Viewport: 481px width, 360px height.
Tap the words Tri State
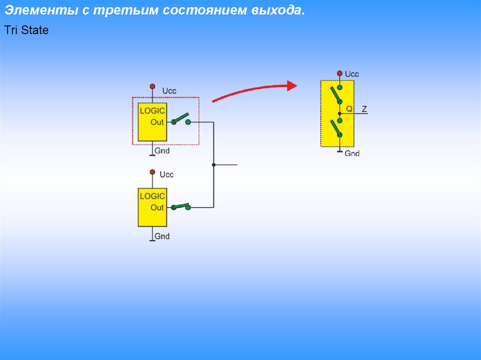click(x=26, y=31)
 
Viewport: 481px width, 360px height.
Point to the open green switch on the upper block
click(x=180, y=119)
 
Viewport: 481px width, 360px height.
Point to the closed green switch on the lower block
click(x=181, y=206)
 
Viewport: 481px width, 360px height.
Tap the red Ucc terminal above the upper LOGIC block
click(x=152, y=86)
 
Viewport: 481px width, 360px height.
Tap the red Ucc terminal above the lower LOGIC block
click(x=152, y=172)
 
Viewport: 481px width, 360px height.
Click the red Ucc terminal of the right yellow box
click(x=339, y=73)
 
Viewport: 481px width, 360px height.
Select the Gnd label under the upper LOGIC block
click(x=162, y=151)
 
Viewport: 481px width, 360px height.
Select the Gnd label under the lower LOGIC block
click(x=162, y=236)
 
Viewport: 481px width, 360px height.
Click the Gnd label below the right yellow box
click(x=352, y=153)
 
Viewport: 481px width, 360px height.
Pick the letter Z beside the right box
click(x=365, y=109)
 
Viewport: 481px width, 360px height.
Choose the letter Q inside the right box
click(x=349, y=108)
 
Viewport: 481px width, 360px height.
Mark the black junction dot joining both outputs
click(x=214, y=165)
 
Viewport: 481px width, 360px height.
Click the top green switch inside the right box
click(x=336, y=95)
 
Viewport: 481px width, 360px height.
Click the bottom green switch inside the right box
click(x=336, y=128)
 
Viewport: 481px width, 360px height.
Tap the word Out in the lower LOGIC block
click(x=157, y=207)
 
